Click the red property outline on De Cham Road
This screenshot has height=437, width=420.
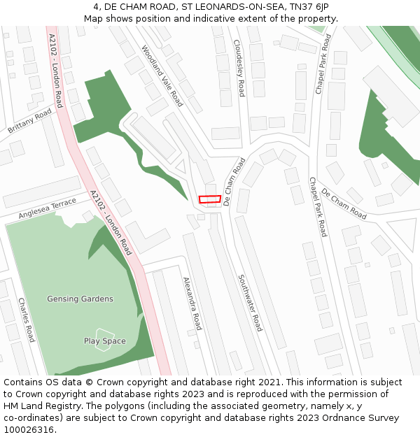click(x=210, y=199)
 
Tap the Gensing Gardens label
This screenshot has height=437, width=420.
click(x=80, y=299)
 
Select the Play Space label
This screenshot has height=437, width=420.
click(x=105, y=341)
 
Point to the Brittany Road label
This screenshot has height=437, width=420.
click(x=30, y=121)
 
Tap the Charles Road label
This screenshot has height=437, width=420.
click(x=27, y=320)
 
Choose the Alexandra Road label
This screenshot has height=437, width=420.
click(x=192, y=303)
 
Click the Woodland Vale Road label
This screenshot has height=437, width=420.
click(x=162, y=76)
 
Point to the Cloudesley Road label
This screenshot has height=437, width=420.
click(x=239, y=67)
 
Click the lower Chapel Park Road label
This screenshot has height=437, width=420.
click(x=318, y=207)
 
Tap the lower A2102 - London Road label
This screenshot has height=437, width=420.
click(x=111, y=222)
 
